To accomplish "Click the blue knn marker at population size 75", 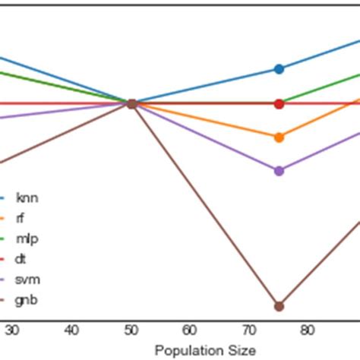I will tap(279, 69).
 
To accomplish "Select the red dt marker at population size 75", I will tap(279, 103).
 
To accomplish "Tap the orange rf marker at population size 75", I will tap(279, 137).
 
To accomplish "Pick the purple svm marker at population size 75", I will tap(279, 171).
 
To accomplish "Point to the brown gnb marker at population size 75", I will tap(279, 306).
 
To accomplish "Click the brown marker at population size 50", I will tap(131, 103).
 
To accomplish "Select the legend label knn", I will tap(27, 198).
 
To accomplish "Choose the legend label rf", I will tap(20, 219).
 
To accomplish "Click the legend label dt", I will tap(21, 259).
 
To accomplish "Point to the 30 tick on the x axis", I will tap(12, 330).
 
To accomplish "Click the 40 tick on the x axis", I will tap(71, 330).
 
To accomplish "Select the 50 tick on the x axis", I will tap(131, 330).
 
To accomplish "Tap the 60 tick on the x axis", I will tap(190, 330).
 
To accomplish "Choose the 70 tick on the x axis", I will tap(249, 330).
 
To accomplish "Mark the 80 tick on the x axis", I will tap(308, 330).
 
